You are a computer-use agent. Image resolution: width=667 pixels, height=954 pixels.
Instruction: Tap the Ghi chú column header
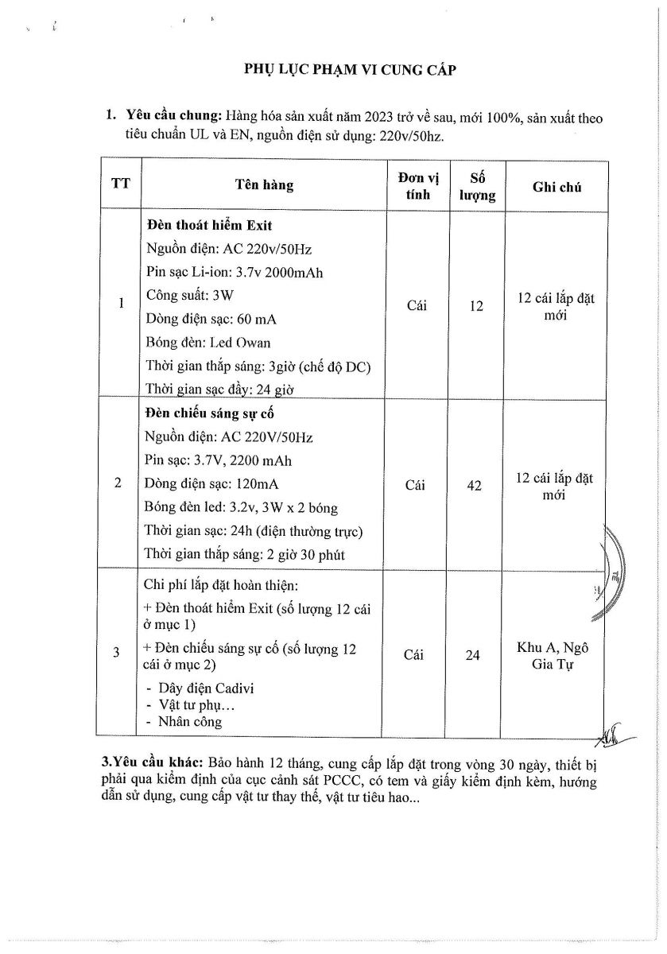[x=556, y=187]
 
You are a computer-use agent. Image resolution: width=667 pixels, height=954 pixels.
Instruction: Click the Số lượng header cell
[x=477, y=185]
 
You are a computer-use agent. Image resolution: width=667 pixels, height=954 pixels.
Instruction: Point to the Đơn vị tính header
[x=417, y=185]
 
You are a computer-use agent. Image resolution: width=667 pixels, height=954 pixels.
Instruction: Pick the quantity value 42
[x=474, y=485]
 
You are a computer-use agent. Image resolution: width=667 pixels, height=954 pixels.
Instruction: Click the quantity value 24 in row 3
[x=472, y=655]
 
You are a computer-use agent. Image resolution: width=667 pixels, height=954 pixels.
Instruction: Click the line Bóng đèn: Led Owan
[x=208, y=343]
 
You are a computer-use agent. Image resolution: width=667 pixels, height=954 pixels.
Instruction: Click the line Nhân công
[x=190, y=722]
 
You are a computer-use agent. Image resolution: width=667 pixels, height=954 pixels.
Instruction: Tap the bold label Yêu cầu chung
[x=175, y=118]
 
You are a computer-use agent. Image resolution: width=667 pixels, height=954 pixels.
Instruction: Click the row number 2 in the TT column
[x=118, y=483]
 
